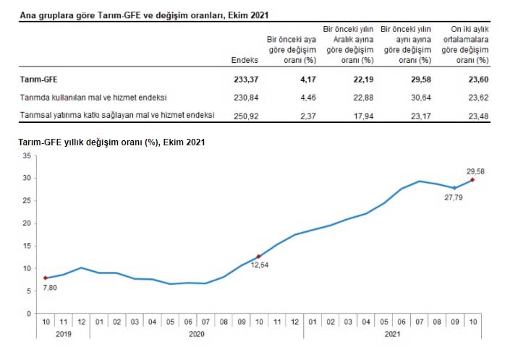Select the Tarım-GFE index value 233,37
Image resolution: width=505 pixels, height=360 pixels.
(x=244, y=79)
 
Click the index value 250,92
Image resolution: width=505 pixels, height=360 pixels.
(x=244, y=115)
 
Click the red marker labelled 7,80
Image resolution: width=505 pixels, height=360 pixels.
(x=46, y=278)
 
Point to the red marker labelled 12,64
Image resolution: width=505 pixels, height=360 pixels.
(x=258, y=256)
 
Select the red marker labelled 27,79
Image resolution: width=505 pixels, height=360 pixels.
(x=454, y=188)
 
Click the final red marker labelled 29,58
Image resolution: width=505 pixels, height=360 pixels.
(x=472, y=180)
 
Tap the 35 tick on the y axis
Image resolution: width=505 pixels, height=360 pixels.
(x=26, y=155)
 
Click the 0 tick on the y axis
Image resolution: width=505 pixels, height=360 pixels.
(x=28, y=313)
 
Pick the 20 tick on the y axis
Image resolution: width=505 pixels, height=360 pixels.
(x=26, y=223)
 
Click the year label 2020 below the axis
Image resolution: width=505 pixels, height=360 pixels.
(x=196, y=335)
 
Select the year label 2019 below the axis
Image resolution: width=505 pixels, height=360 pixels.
(x=64, y=335)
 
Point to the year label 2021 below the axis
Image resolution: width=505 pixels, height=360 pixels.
(x=391, y=335)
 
